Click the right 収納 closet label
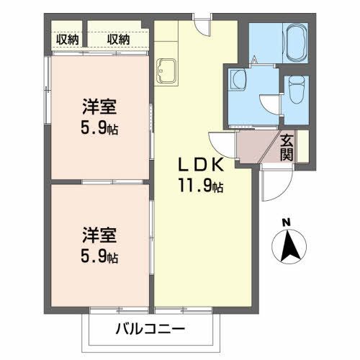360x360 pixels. pos(118,40)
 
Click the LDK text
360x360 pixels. pos(200,165)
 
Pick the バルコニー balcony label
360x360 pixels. pos(150,331)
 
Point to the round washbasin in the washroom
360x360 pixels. pos(238,81)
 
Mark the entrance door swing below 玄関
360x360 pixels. pos(274,184)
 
